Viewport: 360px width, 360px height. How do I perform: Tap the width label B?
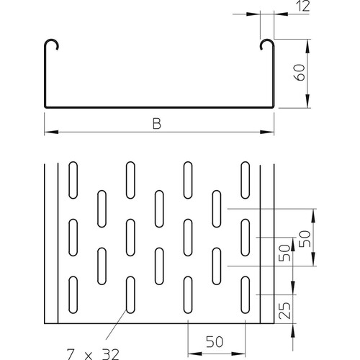pyautogui.click(x=156, y=124)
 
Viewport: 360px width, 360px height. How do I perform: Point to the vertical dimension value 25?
pyautogui.click(x=285, y=312)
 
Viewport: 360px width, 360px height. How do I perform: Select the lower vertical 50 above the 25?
pyautogui.click(x=285, y=253)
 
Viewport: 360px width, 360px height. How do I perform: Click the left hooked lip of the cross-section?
pyautogui.click(x=52, y=45)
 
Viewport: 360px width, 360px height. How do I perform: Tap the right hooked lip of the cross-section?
pyautogui.click(x=266, y=45)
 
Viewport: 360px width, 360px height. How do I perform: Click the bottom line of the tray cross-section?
pyautogui.click(x=158, y=109)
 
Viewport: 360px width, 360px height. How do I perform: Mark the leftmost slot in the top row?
pyautogui.click(x=73, y=176)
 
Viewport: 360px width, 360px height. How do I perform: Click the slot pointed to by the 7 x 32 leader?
pyautogui.click(x=130, y=294)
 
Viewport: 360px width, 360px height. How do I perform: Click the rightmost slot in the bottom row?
pyautogui.click(x=246, y=294)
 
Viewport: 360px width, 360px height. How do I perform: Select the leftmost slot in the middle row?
pyautogui.click(x=73, y=235)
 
